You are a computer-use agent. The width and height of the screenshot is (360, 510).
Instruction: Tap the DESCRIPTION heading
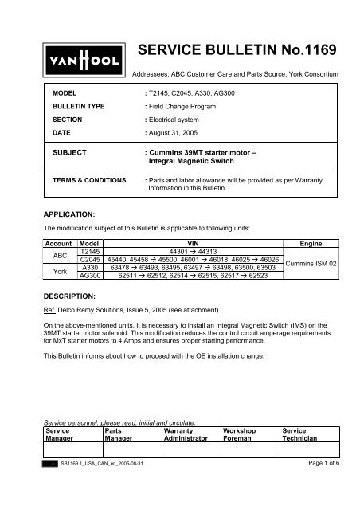click(x=68, y=293)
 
